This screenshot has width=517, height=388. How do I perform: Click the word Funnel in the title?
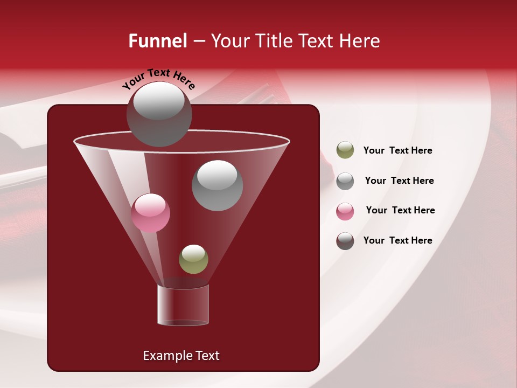pyautogui.click(x=157, y=41)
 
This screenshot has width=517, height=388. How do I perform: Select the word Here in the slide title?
pyautogui.click(x=360, y=41)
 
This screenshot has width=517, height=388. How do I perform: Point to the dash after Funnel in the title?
pyautogui.click(x=198, y=41)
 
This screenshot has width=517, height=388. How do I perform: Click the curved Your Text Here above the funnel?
pyautogui.click(x=158, y=79)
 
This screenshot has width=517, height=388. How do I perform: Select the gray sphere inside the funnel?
pyautogui.click(x=217, y=185)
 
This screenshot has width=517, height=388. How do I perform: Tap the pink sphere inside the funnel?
pyautogui.click(x=150, y=213)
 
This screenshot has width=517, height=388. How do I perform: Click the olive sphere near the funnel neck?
pyautogui.click(x=193, y=259)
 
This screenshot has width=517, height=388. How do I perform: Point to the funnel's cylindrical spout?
pyautogui.click(x=183, y=305)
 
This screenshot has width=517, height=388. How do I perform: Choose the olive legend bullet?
pyautogui.click(x=345, y=150)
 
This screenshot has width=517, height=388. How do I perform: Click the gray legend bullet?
pyautogui.click(x=345, y=181)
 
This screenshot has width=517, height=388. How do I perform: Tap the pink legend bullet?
pyautogui.click(x=345, y=211)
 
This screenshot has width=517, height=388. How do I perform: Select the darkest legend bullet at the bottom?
pyautogui.click(x=345, y=241)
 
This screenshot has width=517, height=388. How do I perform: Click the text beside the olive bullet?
pyautogui.click(x=397, y=151)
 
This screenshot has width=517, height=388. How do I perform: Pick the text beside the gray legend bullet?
pyautogui.click(x=399, y=181)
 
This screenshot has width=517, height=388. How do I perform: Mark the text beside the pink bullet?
pyautogui.click(x=400, y=210)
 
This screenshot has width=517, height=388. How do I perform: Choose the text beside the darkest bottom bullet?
pyautogui.click(x=397, y=240)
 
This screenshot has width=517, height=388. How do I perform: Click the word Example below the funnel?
pyautogui.click(x=168, y=356)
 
